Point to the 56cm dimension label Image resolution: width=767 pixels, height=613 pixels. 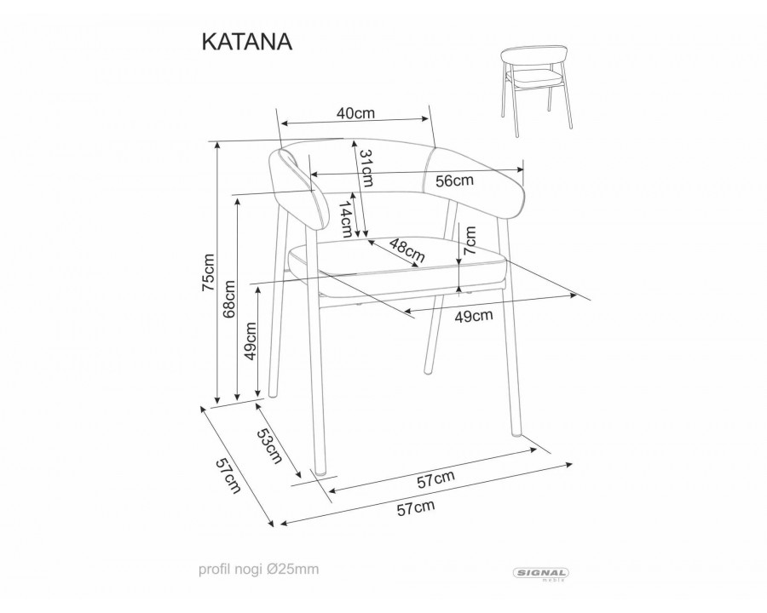coord(454,180)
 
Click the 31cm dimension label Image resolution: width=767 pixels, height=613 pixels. coord(366,168)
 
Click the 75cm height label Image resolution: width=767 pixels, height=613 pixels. coord(207,274)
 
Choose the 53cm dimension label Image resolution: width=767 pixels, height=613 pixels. coord(268,447)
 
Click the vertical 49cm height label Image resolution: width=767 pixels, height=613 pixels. coord(251,341)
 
